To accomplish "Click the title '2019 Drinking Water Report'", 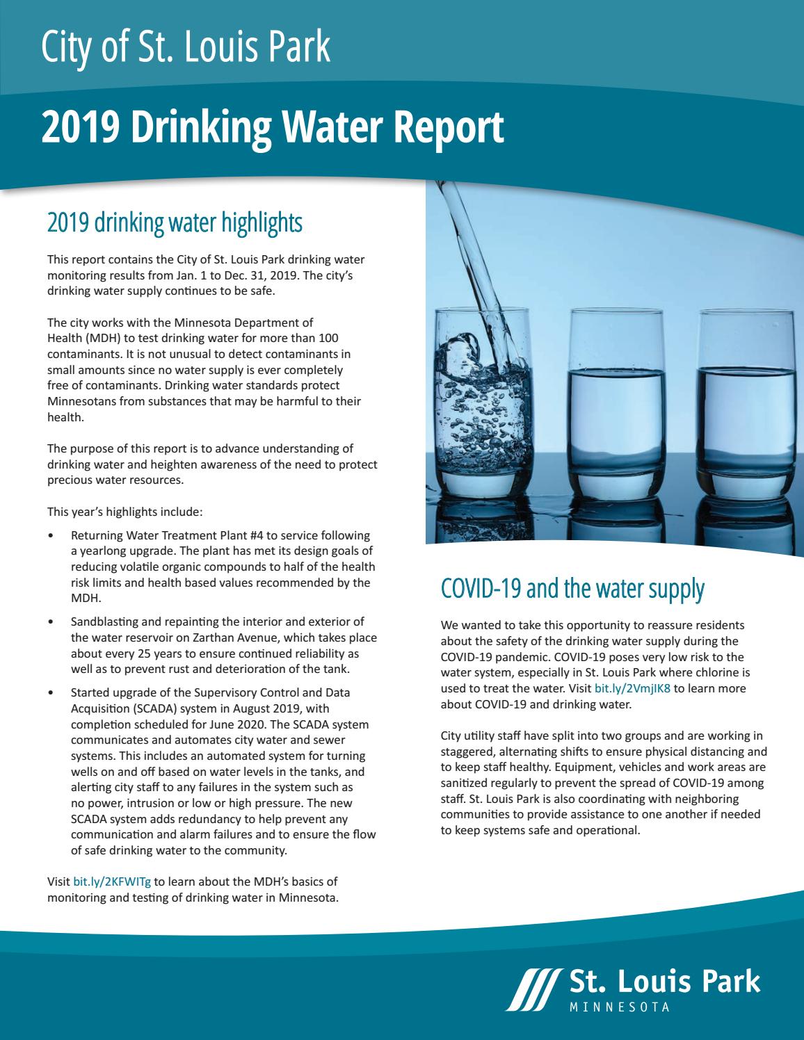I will pos(272,128).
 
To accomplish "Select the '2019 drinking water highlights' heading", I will pos(175,223).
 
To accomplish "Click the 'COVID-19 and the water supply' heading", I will pos(572,590).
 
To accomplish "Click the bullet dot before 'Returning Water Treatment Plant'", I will pos(51,536).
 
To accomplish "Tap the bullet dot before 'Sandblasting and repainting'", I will pos(51,622).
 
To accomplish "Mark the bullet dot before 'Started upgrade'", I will pos(51,694).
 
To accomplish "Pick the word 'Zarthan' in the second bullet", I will pos(208,637).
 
